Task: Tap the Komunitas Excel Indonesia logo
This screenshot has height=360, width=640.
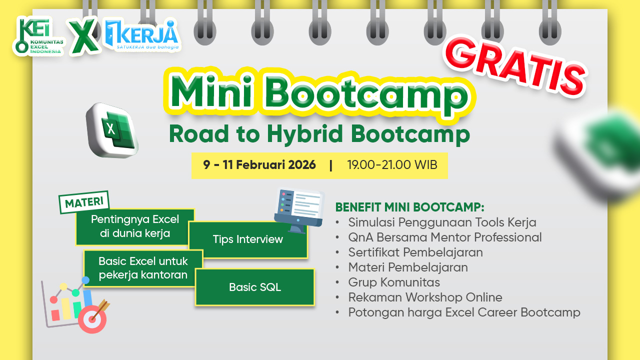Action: pyautogui.click(x=39, y=36)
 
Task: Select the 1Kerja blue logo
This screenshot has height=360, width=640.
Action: pyautogui.click(x=142, y=35)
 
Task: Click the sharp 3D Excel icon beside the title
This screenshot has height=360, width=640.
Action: pyautogui.click(x=112, y=130)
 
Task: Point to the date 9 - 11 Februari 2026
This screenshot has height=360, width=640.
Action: pyautogui.click(x=259, y=165)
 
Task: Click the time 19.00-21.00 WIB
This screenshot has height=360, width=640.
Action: pyautogui.click(x=392, y=165)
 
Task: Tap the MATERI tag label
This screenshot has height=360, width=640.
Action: pyautogui.click(x=84, y=202)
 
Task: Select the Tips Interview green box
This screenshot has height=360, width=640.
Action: pyautogui.click(x=248, y=239)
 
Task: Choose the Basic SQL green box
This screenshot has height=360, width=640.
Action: pyautogui.click(x=255, y=287)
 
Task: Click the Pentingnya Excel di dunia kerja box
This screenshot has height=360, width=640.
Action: pyautogui.click(x=135, y=226)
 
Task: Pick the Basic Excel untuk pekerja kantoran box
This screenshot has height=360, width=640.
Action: pyautogui.click(x=143, y=268)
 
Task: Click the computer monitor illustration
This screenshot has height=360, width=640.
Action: pyautogui.click(x=299, y=210)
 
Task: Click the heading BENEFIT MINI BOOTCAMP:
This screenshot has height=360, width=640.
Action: pyautogui.click(x=409, y=207)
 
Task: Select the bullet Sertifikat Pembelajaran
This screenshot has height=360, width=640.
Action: pyautogui.click(x=415, y=252)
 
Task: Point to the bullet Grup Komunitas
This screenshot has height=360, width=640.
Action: pyautogui.click(x=394, y=282)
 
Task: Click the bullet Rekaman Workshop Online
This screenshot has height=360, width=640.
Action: pyautogui.click(x=425, y=297)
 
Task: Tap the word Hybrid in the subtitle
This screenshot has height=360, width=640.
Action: pyautogui.click(x=304, y=134)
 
